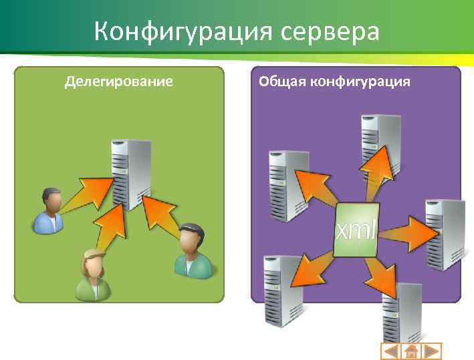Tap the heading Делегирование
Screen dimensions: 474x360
pyautogui.click(x=118, y=81)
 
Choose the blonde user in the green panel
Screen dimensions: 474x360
pyautogui.click(x=93, y=274)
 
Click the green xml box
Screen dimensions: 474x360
pyautogui.click(x=356, y=230)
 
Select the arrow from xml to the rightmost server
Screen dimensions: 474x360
pyautogui.click(x=404, y=234)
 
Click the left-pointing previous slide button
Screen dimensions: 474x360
pyautogui.click(x=391, y=351)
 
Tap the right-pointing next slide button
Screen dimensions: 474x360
pyautogui.click(x=432, y=351)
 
